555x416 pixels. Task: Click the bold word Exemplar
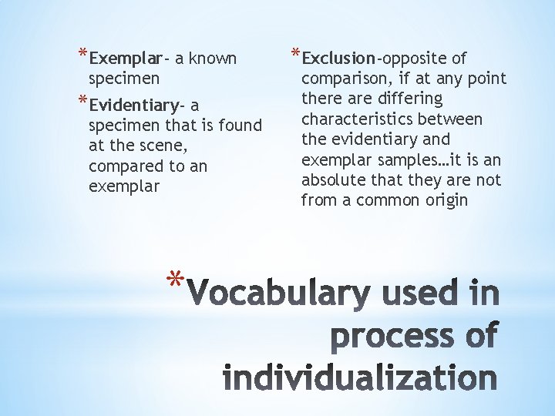point(125,59)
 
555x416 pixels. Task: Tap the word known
point(213,59)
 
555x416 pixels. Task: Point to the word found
point(240,126)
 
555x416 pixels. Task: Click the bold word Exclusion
point(338,59)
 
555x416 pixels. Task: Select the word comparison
point(342,79)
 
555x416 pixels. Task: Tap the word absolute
point(331,180)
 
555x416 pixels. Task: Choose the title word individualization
point(359,379)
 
